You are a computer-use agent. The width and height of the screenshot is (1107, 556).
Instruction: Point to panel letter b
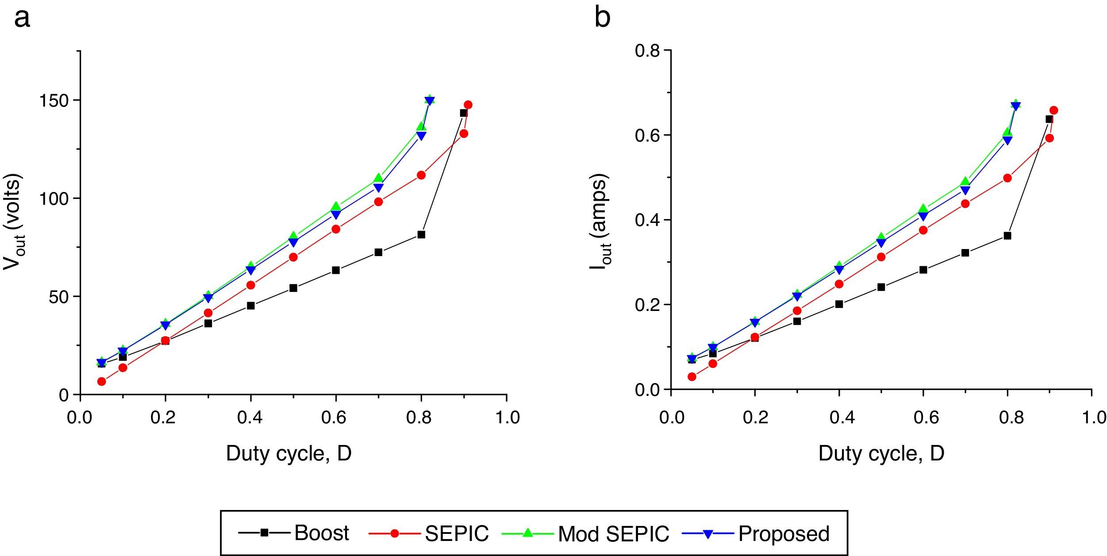pyautogui.click(x=603, y=18)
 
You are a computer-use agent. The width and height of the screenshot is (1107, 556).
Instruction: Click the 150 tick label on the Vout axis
pyautogui.click(x=54, y=101)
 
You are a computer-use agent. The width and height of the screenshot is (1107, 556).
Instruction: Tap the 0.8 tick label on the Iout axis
pyautogui.click(x=647, y=51)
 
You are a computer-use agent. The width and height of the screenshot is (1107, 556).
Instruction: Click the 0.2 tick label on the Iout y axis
pyautogui.click(x=647, y=305)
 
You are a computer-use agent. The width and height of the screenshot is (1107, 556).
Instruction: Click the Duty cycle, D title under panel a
pyautogui.click(x=288, y=454)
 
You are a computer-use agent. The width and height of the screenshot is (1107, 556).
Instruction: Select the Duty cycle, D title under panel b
pyautogui.click(x=881, y=454)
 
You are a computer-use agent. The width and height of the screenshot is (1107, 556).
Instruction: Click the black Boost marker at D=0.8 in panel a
pyautogui.click(x=421, y=234)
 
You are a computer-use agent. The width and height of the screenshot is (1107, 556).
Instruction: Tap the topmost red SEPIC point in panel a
pyautogui.click(x=468, y=105)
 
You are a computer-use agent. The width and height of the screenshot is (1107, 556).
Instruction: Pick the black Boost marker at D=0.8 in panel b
pyautogui.click(x=1007, y=236)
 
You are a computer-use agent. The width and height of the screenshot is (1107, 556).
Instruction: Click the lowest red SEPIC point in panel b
pyautogui.click(x=692, y=377)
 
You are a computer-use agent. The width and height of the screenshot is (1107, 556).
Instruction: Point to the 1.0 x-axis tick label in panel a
pyautogui.click(x=507, y=417)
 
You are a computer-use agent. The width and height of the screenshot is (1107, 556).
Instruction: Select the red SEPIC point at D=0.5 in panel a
pyautogui.click(x=293, y=257)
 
